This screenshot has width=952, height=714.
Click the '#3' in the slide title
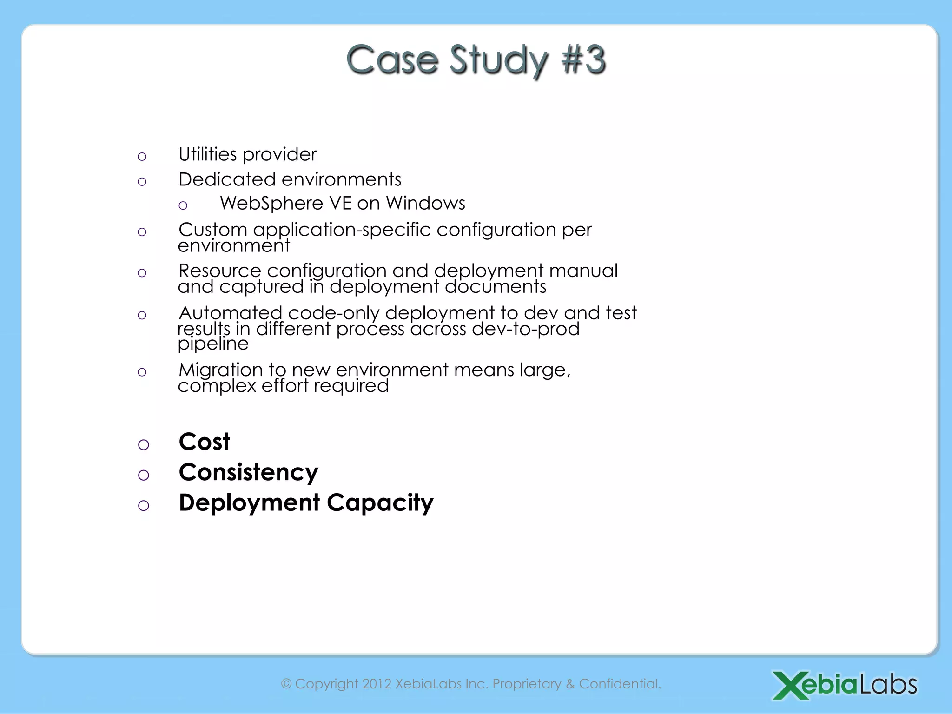click(x=583, y=59)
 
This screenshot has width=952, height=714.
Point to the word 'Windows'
click(x=425, y=203)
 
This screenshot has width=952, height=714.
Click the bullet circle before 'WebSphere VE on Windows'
click(x=183, y=205)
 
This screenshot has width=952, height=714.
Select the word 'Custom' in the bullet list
click(x=213, y=230)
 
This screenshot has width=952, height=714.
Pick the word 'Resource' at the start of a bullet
click(x=220, y=271)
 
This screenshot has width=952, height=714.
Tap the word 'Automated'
click(x=230, y=313)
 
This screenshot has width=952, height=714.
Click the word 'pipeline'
click(x=213, y=344)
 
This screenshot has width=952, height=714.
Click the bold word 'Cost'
click(x=204, y=442)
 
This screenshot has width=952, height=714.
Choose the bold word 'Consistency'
click(x=249, y=472)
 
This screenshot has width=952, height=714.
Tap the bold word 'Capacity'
click(x=380, y=503)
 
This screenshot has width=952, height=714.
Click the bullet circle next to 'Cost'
click(x=144, y=445)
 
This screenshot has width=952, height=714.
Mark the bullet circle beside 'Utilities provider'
click(x=142, y=157)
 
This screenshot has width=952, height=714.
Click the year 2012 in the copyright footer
click(x=377, y=684)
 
